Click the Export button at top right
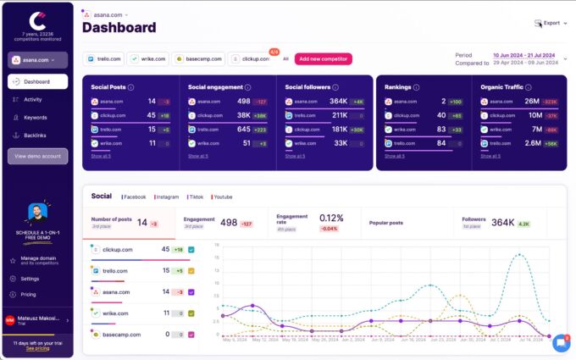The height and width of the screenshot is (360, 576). pos(548,23)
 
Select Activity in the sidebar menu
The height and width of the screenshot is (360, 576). pos(33,99)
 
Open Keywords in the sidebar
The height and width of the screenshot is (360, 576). pos(35,117)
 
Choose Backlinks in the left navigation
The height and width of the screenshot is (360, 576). pos(35,135)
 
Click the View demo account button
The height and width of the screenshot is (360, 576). pos(37,156)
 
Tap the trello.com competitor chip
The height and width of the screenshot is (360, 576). pos(103,59)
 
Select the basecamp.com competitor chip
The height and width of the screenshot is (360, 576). pos(198,59)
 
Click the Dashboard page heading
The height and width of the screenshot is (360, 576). pos(119,28)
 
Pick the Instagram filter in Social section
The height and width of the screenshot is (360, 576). pos(167,197)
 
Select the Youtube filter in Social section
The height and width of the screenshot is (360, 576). pos(223,197)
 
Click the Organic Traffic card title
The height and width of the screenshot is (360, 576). pos(503,86)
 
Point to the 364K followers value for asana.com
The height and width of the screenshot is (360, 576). pos(339,101)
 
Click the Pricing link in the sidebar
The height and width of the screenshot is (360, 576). pos(29,294)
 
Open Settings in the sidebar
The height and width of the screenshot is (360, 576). pos(30,278)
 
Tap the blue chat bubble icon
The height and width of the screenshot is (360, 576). pos(561,343)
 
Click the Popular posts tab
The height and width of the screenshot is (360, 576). pos(386,223)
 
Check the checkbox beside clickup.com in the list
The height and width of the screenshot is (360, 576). pos(192,250)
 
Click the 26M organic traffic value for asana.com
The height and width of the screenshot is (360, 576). pos(533,101)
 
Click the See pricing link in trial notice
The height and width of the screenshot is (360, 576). pos(36,348)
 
